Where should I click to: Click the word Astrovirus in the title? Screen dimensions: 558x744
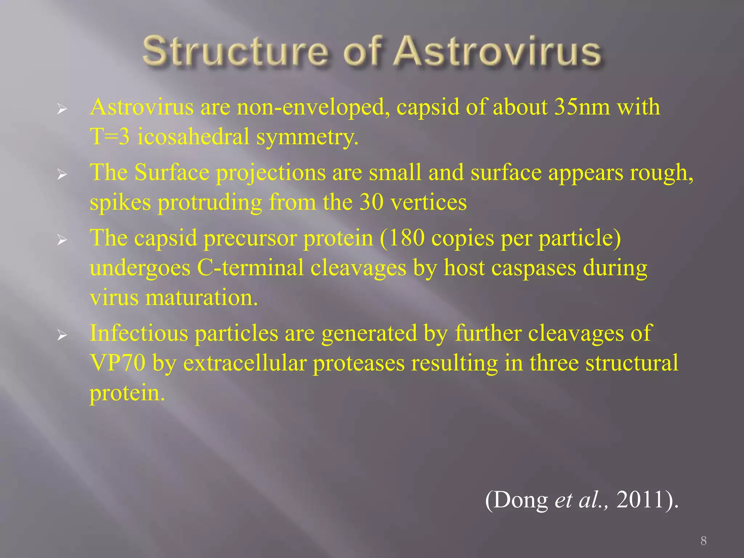point(498,52)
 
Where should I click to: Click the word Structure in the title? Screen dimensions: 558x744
point(235,52)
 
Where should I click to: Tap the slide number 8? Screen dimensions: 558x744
point(703,541)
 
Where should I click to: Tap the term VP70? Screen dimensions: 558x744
point(118,363)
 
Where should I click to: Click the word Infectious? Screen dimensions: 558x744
point(139,333)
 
